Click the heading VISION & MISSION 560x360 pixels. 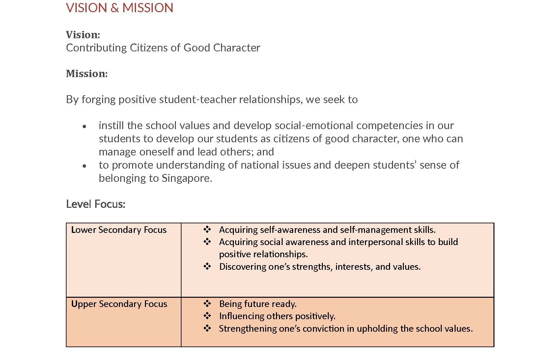coord(120,8)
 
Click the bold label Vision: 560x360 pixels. coord(83,35)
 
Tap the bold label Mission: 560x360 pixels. coord(87,73)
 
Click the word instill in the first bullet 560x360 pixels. coord(111,125)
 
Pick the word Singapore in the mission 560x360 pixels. coord(187,178)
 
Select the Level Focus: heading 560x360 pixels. coord(96,204)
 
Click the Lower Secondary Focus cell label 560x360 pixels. coord(119,230)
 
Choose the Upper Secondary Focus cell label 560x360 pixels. coord(119,304)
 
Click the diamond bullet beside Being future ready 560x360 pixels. coord(207,303)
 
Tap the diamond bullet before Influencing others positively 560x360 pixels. coord(207,316)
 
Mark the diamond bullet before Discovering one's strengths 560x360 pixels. coord(207,266)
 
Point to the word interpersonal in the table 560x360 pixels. coord(375,242)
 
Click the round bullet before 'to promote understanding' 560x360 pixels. coord(85,166)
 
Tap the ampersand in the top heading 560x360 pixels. coord(115,8)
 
